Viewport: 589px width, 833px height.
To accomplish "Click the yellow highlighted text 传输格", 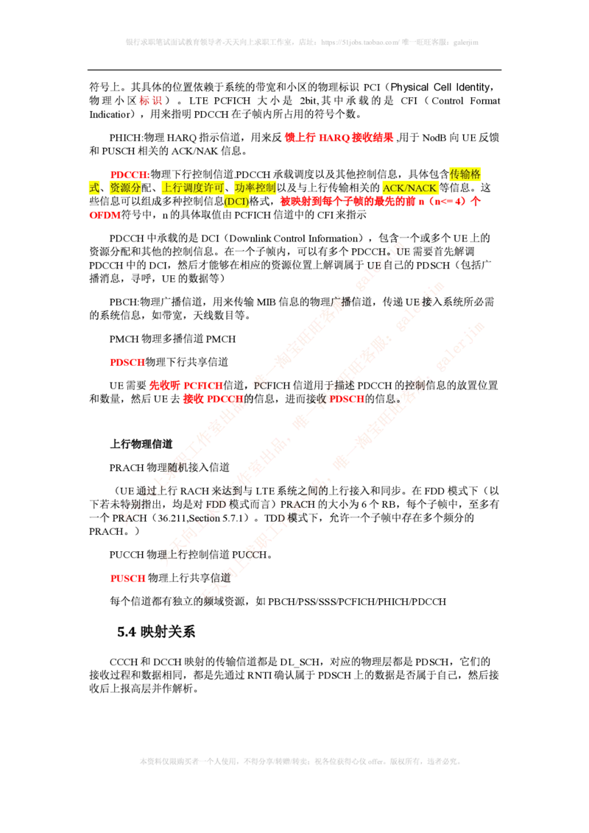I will [x=465, y=174].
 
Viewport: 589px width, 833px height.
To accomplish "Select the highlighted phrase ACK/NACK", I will [x=410, y=188].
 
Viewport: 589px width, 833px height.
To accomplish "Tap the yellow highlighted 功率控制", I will [x=255, y=188].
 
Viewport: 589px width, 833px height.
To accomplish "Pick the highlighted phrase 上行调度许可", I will [x=192, y=188].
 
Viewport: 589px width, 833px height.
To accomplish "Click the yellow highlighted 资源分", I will [x=124, y=188].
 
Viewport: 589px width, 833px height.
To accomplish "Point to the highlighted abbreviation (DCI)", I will [x=236, y=202].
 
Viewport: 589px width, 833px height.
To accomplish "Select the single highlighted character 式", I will [x=94, y=188].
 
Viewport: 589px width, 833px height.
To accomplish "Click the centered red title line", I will [x=339, y=137].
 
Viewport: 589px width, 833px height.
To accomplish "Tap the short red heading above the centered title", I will [x=150, y=101].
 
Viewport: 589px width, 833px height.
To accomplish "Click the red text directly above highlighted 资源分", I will [x=129, y=175].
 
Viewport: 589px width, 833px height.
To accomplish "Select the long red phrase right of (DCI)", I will [x=379, y=201].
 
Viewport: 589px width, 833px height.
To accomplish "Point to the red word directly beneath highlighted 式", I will [x=105, y=216].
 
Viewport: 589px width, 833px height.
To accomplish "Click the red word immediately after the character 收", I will [x=347, y=400].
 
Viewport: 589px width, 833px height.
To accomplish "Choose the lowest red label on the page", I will [x=127, y=578].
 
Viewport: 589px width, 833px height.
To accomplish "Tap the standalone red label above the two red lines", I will [x=127, y=362].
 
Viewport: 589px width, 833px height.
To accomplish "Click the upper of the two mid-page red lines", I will [x=186, y=385].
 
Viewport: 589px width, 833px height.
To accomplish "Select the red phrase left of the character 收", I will [x=213, y=400].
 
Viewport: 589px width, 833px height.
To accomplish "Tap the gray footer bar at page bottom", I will [x=300, y=759].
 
